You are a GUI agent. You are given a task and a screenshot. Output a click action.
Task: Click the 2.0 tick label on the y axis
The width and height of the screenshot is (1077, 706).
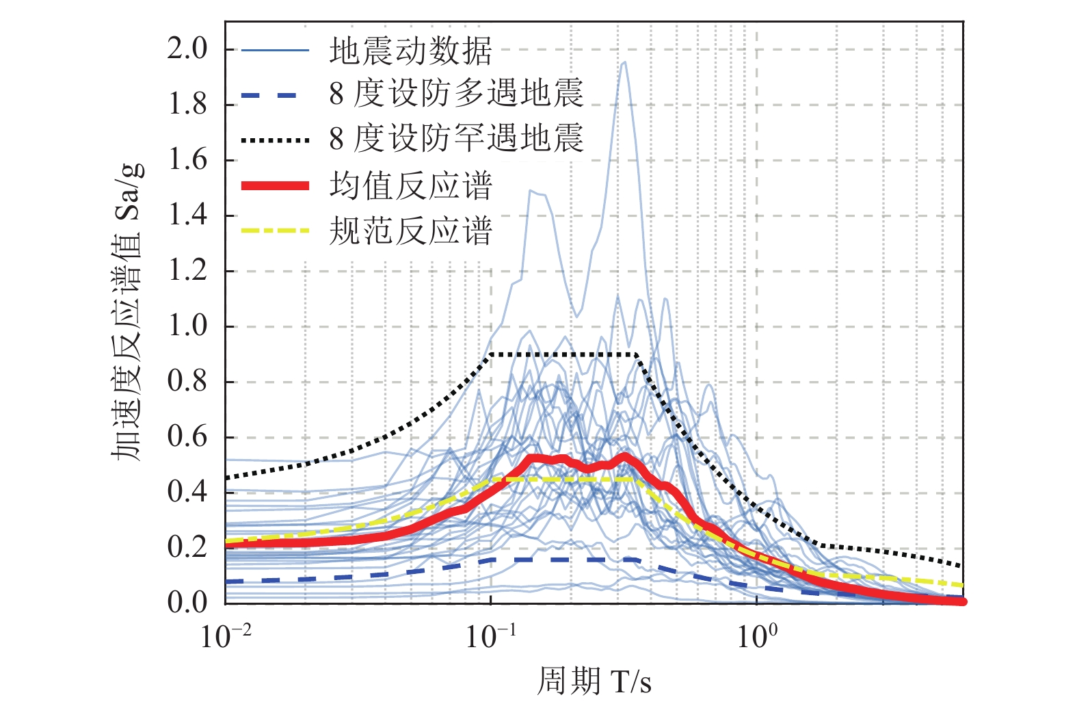(x=187, y=49)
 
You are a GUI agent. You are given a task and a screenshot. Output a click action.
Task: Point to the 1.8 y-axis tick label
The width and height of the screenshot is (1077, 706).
(x=187, y=105)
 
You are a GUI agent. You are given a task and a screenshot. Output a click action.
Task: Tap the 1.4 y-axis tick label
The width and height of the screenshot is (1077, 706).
(x=187, y=215)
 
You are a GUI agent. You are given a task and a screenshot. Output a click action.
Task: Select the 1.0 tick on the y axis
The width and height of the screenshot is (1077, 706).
(x=187, y=326)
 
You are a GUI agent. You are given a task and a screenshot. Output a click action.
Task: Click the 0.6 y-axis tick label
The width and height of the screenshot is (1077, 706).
(x=187, y=436)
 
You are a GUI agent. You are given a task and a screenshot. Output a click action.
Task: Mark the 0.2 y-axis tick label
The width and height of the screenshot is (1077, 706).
(x=187, y=547)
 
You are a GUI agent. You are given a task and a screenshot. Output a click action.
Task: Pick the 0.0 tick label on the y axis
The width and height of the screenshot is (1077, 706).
(x=187, y=602)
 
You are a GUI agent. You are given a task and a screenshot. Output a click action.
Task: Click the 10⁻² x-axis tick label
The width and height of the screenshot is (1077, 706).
(x=226, y=636)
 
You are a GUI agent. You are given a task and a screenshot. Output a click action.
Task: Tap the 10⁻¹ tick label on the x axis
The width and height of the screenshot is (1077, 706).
(x=491, y=636)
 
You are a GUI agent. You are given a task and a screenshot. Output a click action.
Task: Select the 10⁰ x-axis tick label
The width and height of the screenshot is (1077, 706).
(x=757, y=636)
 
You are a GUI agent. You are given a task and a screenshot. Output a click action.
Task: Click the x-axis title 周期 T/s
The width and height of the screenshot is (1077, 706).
(x=594, y=681)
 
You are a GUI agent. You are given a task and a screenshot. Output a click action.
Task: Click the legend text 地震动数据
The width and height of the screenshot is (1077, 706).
(x=410, y=51)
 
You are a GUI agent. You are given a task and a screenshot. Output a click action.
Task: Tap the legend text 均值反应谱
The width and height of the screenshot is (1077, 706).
(x=410, y=185)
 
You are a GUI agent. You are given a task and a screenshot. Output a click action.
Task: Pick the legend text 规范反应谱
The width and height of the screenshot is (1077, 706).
(x=410, y=231)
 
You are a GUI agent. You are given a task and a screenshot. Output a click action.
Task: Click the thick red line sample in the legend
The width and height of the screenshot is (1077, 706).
(x=275, y=185)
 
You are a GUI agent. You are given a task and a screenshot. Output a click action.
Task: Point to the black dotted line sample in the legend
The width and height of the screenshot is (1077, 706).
(x=275, y=140)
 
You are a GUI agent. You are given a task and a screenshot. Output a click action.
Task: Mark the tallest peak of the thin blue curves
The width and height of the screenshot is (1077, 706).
(x=624, y=63)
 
